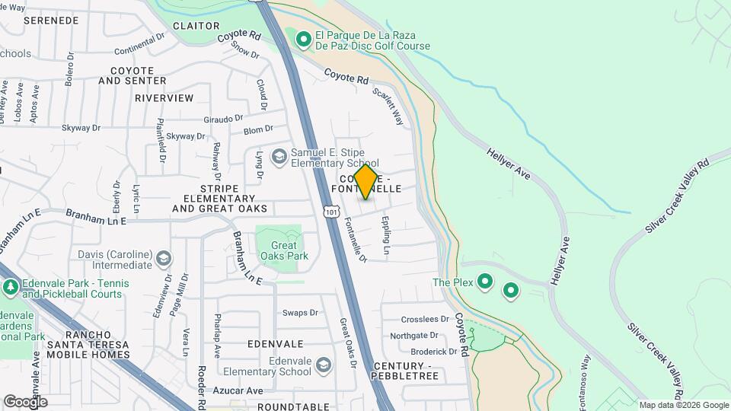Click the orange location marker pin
365,182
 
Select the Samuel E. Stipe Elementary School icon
279,157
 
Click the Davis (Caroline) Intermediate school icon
163,260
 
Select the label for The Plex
453,282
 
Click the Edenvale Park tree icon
11,287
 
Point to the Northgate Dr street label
414,336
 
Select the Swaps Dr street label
299,313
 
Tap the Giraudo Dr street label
223,119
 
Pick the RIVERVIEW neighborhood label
164,98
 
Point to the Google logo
25,401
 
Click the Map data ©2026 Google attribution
684,405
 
